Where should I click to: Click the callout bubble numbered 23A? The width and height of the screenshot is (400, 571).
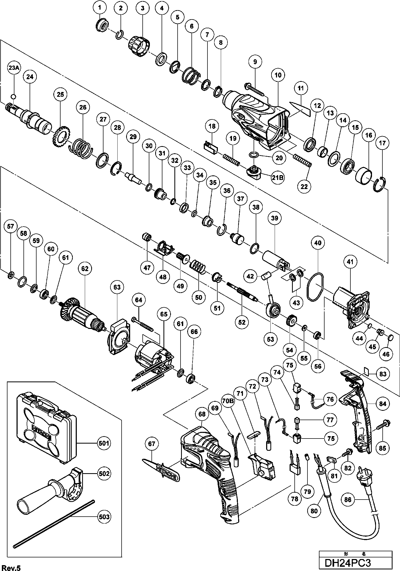(x=14, y=68)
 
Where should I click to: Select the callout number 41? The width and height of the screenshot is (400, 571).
(x=350, y=262)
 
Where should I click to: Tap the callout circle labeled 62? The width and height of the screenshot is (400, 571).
(x=85, y=269)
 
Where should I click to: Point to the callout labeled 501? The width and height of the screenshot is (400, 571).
(x=104, y=443)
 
